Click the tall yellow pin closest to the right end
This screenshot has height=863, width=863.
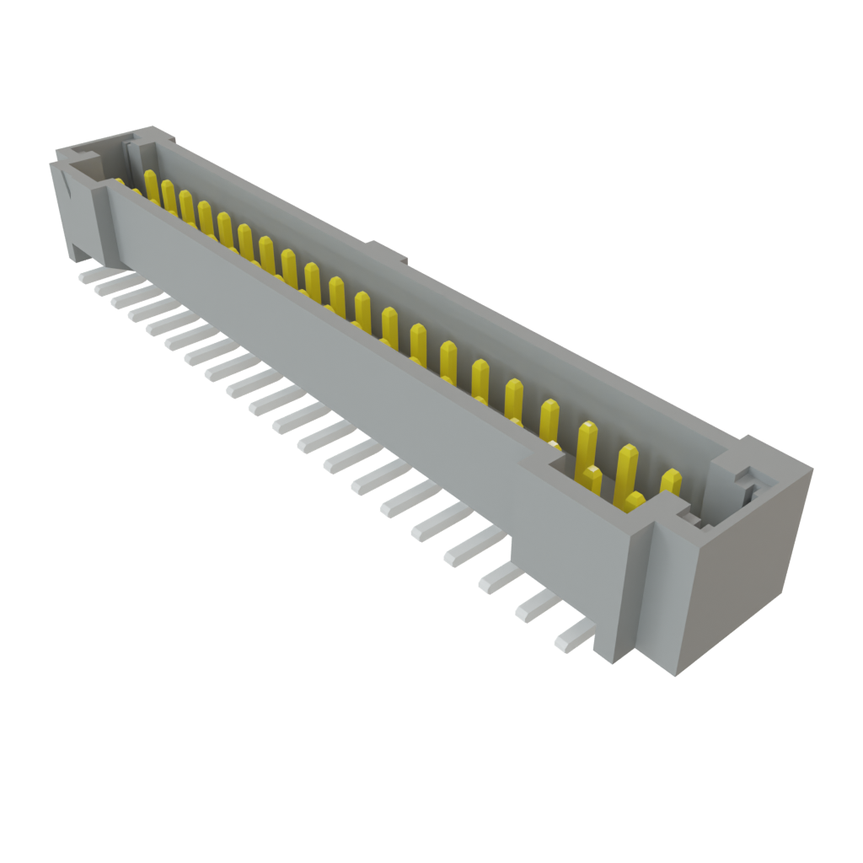pos(671,483)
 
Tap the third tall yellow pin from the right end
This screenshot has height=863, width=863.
pos(587,442)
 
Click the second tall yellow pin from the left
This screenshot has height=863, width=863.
pos(168,196)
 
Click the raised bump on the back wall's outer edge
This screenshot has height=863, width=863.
pos(388,250)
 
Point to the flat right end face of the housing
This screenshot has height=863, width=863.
pos(742,582)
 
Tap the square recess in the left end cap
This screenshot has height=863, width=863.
pos(84,159)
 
